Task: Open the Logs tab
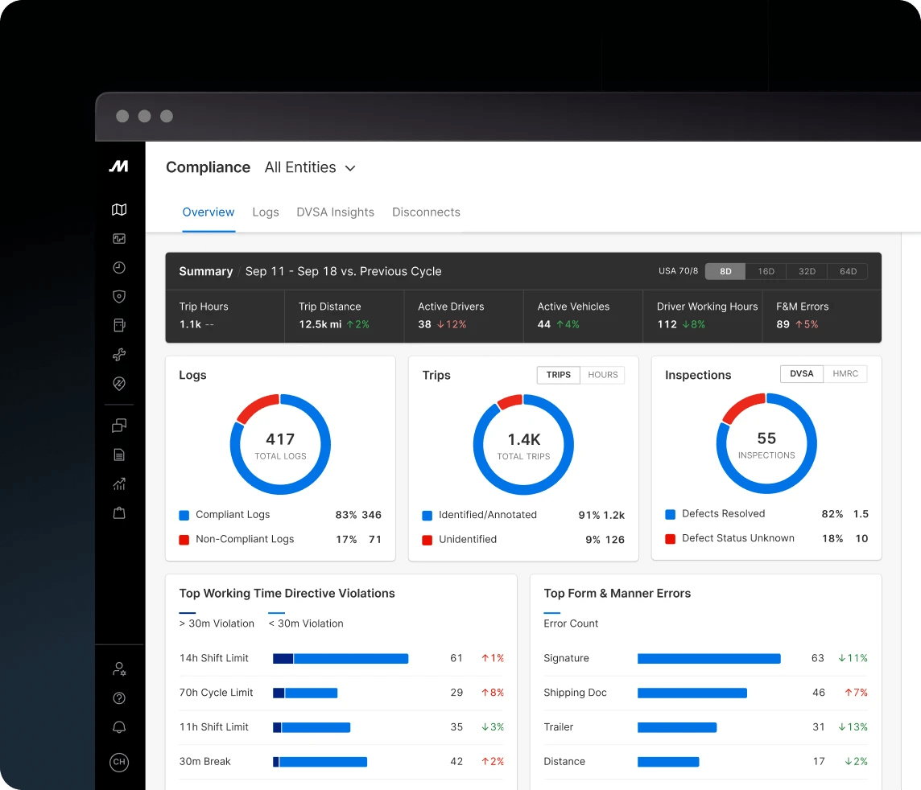tap(265, 212)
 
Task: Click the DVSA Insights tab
tap(335, 212)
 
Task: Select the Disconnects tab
tap(426, 212)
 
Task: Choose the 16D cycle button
tap(766, 272)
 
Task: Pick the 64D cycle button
tap(848, 272)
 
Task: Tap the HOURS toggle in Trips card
tap(602, 375)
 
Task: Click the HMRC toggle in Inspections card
tap(845, 373)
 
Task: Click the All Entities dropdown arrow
tap(350, 169)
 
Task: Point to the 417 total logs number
tap(280, 439)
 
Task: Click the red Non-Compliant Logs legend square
tap(184, 540)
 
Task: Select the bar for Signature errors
tap(708, 659)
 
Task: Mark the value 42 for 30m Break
tap(456, 762)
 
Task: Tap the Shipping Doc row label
tap(575, 693)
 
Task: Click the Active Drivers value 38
tap(424, 324)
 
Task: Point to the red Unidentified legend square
tap(427, 540)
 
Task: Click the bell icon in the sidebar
tap(119, 728)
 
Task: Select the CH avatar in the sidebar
tap(119, 762)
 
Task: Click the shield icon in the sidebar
tap(119, 297)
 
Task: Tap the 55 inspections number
tap(766, 438)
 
